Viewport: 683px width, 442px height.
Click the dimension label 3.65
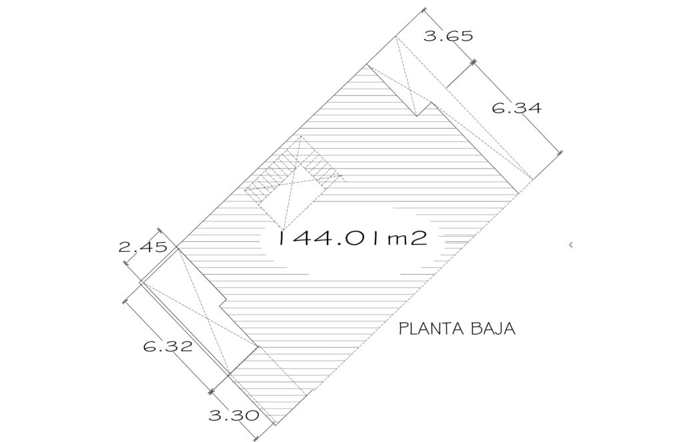point(448,35)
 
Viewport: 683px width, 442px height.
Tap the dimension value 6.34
point(517,107)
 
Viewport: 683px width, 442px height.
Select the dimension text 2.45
point(143,247)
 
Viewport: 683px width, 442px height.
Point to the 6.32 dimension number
point(167,347)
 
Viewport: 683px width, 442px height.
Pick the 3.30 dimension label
point(233,415)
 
